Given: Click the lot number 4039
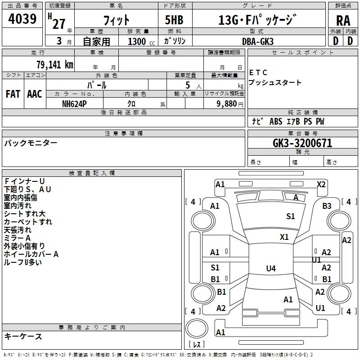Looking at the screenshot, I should coord(22,19).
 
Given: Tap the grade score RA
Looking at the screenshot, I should coord(343,21).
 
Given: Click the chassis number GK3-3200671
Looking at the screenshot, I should coord(302,143).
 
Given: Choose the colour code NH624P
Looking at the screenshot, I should coord(74,103).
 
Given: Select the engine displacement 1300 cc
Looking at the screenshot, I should coord(137,41).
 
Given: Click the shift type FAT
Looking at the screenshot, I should coord(13,94).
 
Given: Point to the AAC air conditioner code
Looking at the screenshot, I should coord(34,94).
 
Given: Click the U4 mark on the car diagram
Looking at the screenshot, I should coord(270,269).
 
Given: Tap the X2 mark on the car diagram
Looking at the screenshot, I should coord(321,184).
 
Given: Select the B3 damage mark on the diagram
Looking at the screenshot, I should coord(327,206).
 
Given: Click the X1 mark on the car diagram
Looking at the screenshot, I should coord(284,237).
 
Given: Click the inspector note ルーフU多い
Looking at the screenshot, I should coord(22,262).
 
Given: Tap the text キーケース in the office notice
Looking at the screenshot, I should coord(23,336).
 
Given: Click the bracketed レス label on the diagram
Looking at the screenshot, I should coord(196,345).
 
